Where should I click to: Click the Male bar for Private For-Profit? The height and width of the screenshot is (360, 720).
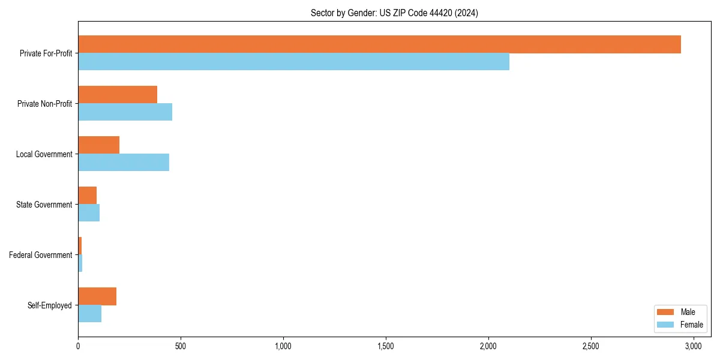click(379, 44)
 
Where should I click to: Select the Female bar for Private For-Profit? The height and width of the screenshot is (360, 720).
click(293, 62)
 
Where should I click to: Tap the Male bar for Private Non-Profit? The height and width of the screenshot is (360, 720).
click(118, 95)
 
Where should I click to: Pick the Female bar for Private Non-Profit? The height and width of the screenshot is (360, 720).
click(125, 112)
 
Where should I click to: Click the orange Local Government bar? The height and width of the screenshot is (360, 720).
click(99, 145)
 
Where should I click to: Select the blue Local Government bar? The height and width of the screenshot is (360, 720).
click(124, 163)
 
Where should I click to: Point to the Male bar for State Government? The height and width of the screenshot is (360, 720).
click(88, 196)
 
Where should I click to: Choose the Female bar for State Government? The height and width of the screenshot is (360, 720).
click(89, 213)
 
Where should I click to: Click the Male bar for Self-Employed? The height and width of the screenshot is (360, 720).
click(97, 296)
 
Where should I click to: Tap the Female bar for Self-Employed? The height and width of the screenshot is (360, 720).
click(90, 314)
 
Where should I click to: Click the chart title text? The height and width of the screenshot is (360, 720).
click(394, 13)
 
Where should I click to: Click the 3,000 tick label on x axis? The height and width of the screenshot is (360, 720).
click(694, 346)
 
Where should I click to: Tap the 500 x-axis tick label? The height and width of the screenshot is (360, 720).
click(181, 346)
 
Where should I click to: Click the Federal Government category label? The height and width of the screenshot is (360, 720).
click(41, 255)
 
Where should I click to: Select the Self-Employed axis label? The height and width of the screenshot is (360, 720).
click(50, 305)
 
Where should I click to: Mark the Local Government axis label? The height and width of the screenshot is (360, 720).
click(44, 154)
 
